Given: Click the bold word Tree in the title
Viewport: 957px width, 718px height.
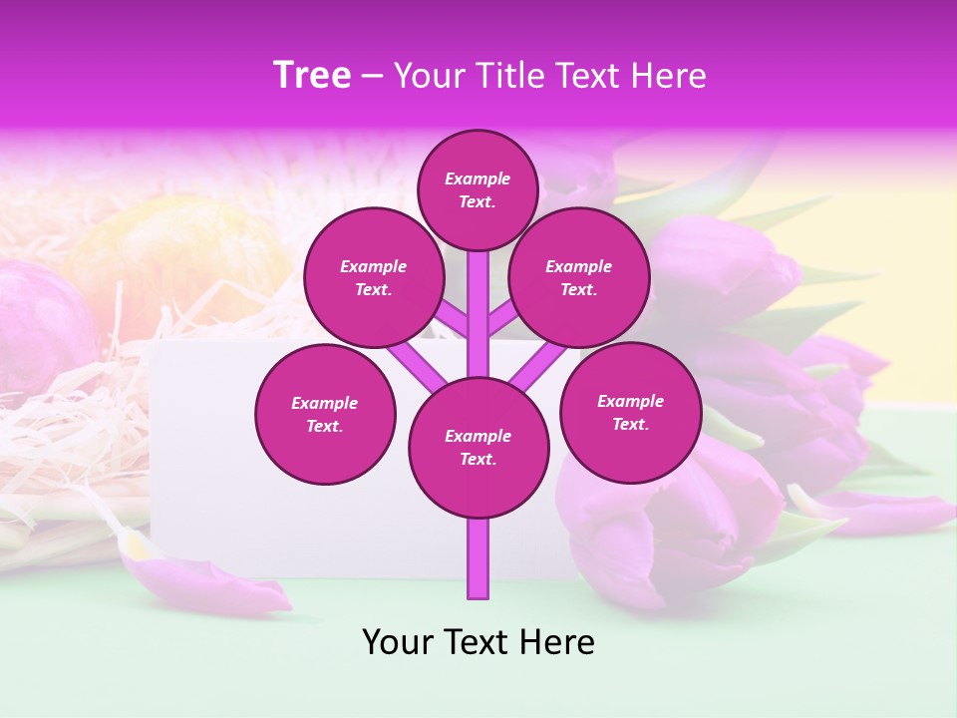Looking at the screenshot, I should click(312, 76).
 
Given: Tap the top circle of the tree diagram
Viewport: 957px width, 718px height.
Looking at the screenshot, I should click(478, 189).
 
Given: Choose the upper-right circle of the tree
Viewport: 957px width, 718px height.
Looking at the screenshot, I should click(579, 277).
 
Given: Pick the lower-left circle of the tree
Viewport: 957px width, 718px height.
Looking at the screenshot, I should click(325, 414).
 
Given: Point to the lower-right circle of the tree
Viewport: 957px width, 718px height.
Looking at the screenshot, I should click(631, 412).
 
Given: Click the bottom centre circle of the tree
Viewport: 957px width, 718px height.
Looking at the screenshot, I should click(478, 447).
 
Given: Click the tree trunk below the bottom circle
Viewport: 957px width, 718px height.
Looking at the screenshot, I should click(478, 558).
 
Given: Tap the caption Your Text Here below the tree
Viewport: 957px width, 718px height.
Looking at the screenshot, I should click(478, 642).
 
